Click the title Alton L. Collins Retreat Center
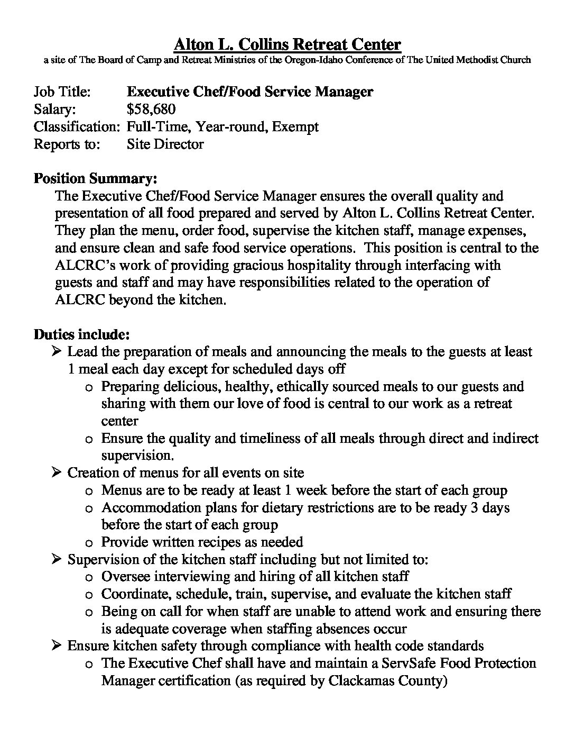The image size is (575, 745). coord(287,44)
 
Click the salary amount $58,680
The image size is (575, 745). coord(151,109)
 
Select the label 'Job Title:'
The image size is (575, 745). coord(62,92)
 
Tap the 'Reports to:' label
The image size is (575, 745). coord(67,144)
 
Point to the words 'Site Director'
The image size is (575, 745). coord(165,144)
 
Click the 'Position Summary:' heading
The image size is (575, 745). coord(95,178)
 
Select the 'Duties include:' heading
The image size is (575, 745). coord(81,334)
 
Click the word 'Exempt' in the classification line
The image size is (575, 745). coord(295,126)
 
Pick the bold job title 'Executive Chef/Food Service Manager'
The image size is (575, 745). coord(250,92)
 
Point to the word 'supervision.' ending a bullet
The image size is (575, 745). coord(137,456)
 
